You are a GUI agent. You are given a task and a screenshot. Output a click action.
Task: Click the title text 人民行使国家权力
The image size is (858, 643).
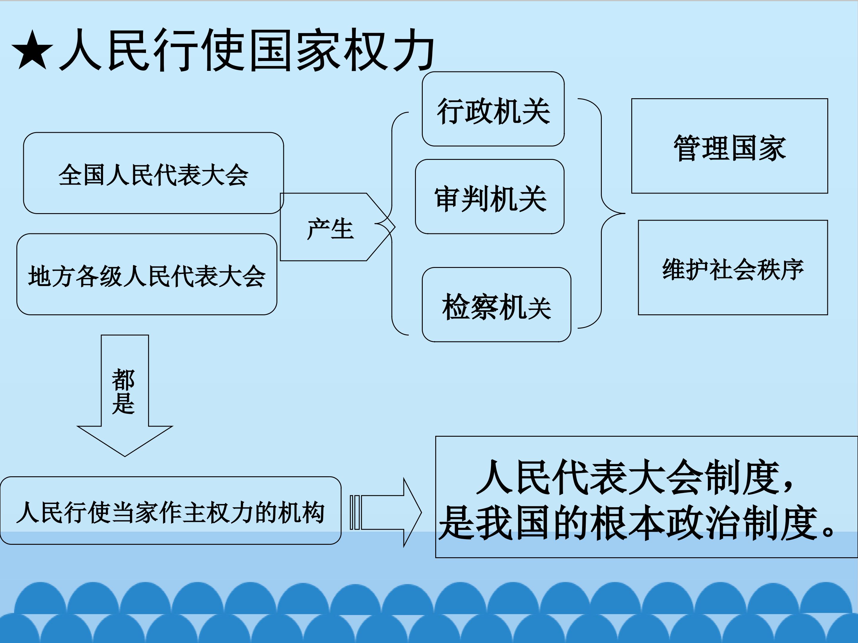pyautogui.click(x=247, y=50)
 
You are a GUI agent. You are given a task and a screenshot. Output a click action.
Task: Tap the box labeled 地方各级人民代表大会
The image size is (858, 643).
pyautogui.click(x=147, y=274)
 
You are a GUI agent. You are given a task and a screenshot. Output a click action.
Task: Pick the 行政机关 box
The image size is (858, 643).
pyautogui.click(x=493, y=109)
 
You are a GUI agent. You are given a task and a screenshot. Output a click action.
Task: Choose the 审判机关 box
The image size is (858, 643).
pyautogui.click(x=489, y=196)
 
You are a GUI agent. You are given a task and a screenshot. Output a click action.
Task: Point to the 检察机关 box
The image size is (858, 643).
pyautogui.click(x=497, y=305)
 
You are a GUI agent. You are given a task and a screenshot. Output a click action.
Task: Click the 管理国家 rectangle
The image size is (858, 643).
pyautogui.click(x=730, y=146)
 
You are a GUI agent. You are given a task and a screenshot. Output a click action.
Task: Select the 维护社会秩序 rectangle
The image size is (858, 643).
pyautogui.click(x=733, y=267)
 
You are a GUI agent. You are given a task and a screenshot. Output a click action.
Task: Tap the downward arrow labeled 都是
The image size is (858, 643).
pyautogui.click(x=125, y=395)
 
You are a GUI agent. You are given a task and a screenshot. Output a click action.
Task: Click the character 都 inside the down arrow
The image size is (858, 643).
pyautogui.click(x=123, y=380)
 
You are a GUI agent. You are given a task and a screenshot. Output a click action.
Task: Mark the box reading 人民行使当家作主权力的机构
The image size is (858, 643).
pyautogui.click(x=171, y=511)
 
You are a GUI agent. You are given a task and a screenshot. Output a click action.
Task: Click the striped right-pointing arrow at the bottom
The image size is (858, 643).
pyautogui.click(x=386, y=512)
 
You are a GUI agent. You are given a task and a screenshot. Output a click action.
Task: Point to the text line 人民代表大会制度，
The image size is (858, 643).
pyautogui.click(x=636, y=477)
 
